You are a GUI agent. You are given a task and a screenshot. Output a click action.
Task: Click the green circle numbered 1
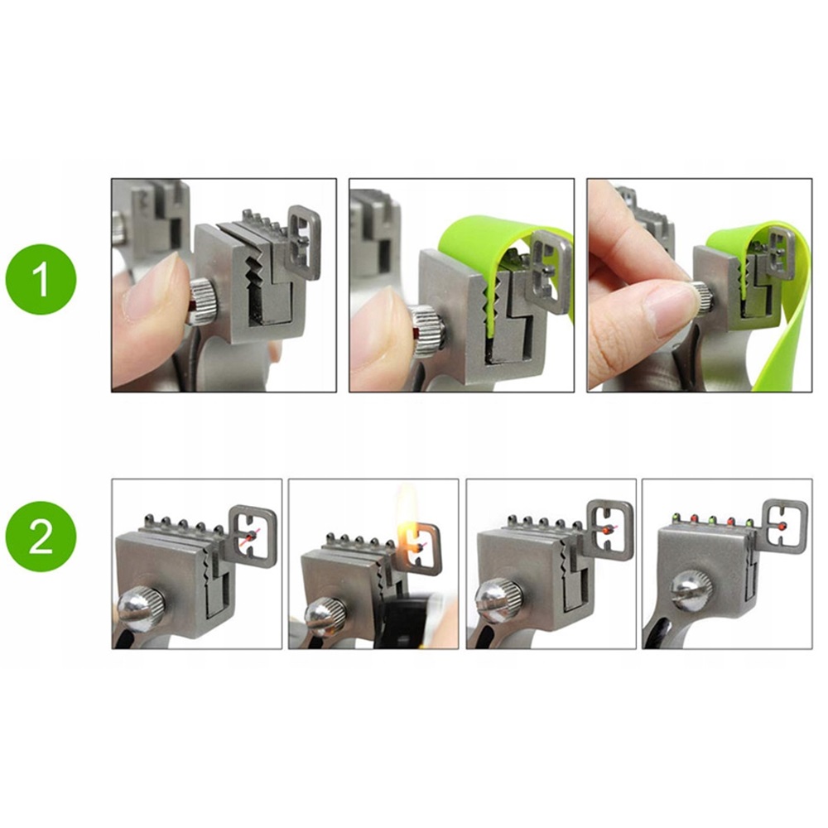pyautogui.click(x=41, y=279)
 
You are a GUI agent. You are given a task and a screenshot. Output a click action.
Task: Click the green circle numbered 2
pyautogui.click(x=41, y=536)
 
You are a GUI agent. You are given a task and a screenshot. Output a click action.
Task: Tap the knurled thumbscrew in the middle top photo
pyautogui.click(x=428, y=331)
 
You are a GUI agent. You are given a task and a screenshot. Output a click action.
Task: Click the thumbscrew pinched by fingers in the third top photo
pyautogui.click(x=702, y=298)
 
